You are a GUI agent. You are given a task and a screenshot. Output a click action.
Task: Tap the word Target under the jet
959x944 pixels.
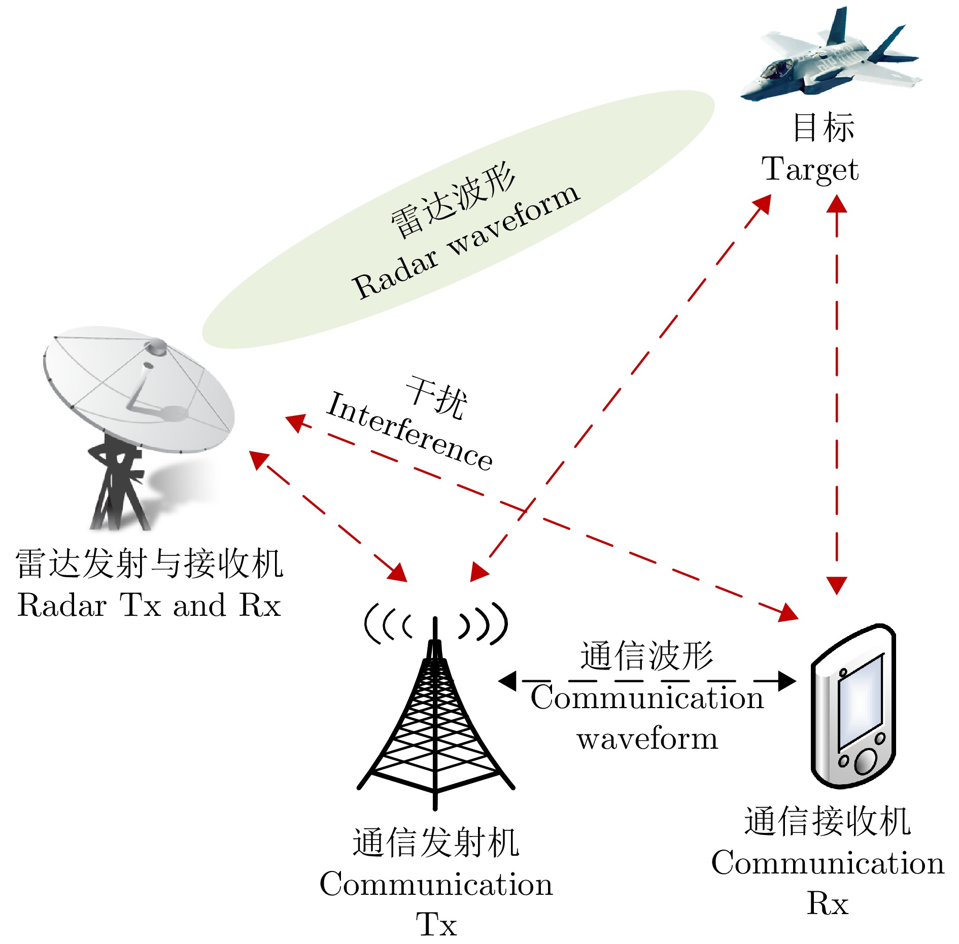[810, 169]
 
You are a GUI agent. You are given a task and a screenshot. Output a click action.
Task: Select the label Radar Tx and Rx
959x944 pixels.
[149, 606]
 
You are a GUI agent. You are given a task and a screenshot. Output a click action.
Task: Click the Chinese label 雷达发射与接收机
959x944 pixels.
[149, 564]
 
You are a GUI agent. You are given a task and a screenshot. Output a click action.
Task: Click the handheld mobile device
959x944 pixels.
[852, 705]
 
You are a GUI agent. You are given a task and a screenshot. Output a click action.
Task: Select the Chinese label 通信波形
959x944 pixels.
[646, 655]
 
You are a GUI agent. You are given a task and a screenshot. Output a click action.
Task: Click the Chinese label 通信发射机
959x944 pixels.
[436, 843]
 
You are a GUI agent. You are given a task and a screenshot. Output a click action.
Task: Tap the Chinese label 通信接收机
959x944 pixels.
[827, 821]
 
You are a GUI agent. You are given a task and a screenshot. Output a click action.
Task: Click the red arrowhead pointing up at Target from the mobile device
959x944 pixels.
[837, 204]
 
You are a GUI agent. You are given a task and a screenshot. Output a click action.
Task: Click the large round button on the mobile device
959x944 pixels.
[866, 761]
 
